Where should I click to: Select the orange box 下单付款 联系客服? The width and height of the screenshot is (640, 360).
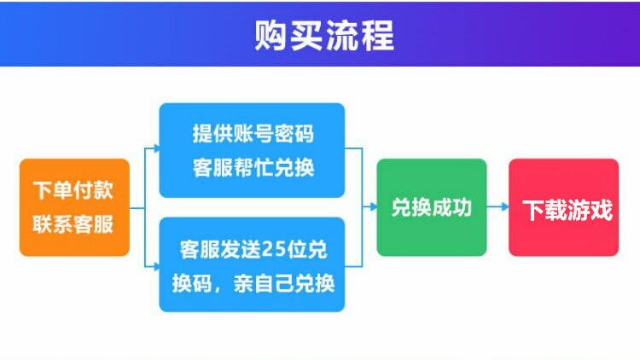point(74,207)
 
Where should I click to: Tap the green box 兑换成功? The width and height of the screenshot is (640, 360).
point(432,207)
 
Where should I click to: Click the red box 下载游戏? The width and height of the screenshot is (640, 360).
point(563,207)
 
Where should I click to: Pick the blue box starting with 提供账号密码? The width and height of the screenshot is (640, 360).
point(252,150)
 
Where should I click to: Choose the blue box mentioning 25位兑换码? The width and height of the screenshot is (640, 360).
point(252,264)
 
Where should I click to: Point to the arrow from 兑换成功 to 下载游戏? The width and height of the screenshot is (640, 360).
point(498,207)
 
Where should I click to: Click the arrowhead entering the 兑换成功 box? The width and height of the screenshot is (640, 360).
point(372,207)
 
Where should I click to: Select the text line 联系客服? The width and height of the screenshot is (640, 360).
point(73,225)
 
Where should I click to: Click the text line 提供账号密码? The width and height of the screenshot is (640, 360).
point(253,133)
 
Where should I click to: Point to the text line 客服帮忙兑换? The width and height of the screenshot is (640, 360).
point(253,167)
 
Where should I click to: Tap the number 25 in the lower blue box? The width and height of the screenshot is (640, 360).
point(274,249)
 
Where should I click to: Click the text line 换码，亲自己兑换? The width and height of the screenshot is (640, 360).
point(253,283)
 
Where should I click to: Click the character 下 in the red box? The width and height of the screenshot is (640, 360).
point(533,210)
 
